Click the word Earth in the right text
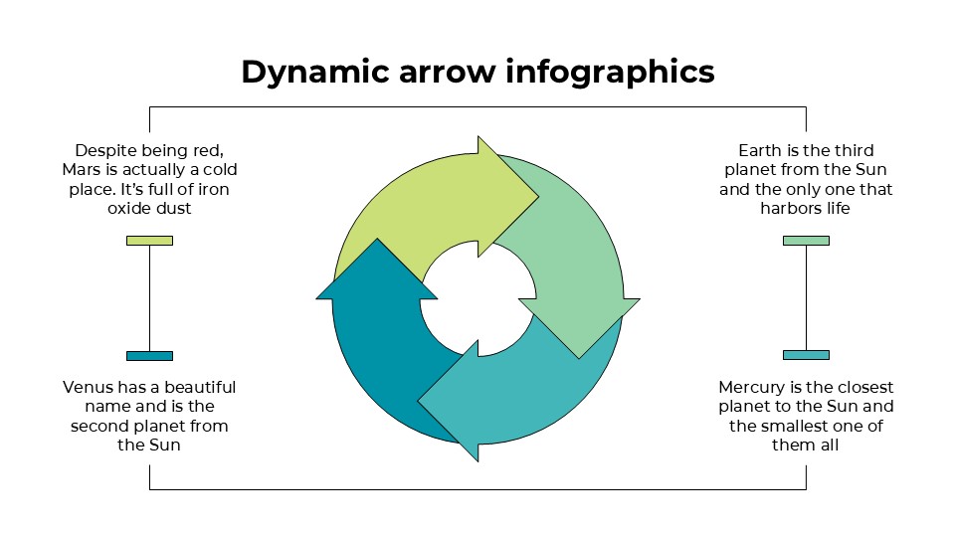tap(754, 150)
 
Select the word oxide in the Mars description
tap(128, 209)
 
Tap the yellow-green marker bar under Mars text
tap(149, 241)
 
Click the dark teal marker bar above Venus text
tap(149, 356)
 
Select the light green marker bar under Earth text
tap(806, 241)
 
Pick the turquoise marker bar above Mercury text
tap(806, 356)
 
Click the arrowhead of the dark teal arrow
tap(377, 272)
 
